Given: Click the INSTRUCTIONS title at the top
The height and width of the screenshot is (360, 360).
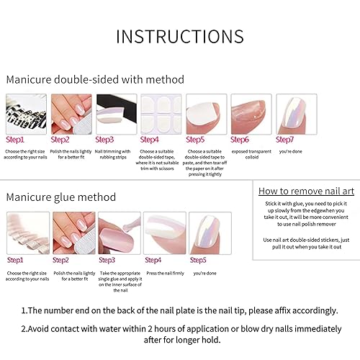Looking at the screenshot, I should (x=180, y=36).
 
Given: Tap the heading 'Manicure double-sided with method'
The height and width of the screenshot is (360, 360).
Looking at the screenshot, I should (x=95, y=79).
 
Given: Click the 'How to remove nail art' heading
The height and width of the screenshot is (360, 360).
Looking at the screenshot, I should (x=306, y=191).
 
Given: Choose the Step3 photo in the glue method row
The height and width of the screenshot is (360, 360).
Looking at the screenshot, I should (x=119, y=233).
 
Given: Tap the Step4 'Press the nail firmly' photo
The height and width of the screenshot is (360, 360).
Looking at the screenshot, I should (x=165, y=233).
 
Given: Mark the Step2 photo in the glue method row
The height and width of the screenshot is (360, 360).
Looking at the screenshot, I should (x=73, y=233).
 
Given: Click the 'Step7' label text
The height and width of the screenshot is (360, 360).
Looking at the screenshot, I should (x=286, y=140).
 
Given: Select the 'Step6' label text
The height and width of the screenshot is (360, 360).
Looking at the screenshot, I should (x=240, y=140).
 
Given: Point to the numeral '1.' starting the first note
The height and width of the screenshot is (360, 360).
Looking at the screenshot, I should (x=25, y=310).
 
